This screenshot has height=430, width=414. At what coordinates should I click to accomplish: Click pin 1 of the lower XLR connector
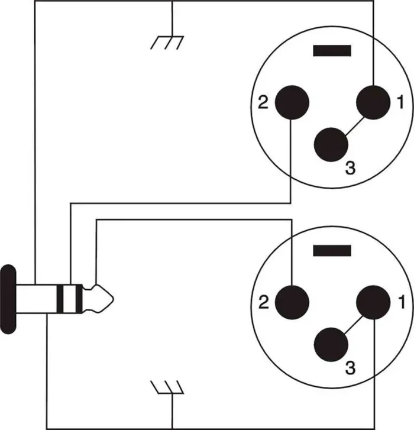click(x=374, y=303)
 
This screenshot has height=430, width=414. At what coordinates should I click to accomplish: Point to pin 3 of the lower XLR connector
click(x=332, y=344)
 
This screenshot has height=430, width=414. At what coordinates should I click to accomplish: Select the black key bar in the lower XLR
click(x=332, y=250)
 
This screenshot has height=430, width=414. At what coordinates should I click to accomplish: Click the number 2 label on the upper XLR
click(x=264, y=103)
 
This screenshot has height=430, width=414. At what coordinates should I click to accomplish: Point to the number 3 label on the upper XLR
click(x=350, y=169)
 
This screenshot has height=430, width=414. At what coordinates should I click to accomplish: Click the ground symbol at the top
click(x=168, y=41)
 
